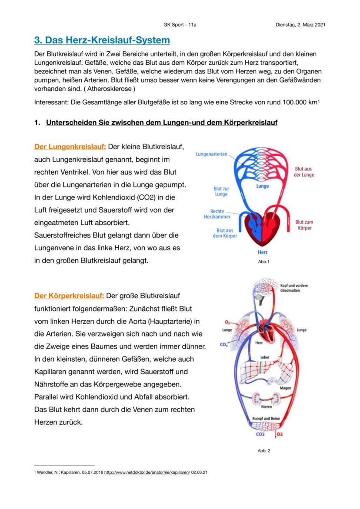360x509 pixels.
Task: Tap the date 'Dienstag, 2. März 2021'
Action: [x=300, y=25]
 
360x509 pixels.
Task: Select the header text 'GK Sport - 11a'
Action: [x=180, y=25]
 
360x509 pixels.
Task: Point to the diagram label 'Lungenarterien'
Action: [x=212, y=154]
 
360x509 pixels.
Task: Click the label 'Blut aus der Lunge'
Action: [x=304, y=172]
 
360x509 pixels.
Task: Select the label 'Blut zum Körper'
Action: [x=304, y=225]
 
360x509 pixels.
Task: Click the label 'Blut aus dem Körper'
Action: [x=225, y=233]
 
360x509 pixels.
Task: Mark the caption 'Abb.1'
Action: [x=263, y=262]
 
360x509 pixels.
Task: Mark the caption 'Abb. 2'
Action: [x=263, y=451]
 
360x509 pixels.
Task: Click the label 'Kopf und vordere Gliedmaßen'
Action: [x=294, y=288]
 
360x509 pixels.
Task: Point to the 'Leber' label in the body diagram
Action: [x=265, y=357]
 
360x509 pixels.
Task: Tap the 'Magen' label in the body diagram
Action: [x=285, y=388]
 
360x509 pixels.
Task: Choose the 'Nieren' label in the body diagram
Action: [x=266, y=407]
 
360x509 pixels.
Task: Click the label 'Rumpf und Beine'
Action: [x=266, y=419]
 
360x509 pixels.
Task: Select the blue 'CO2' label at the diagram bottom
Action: [x=260, y=434]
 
